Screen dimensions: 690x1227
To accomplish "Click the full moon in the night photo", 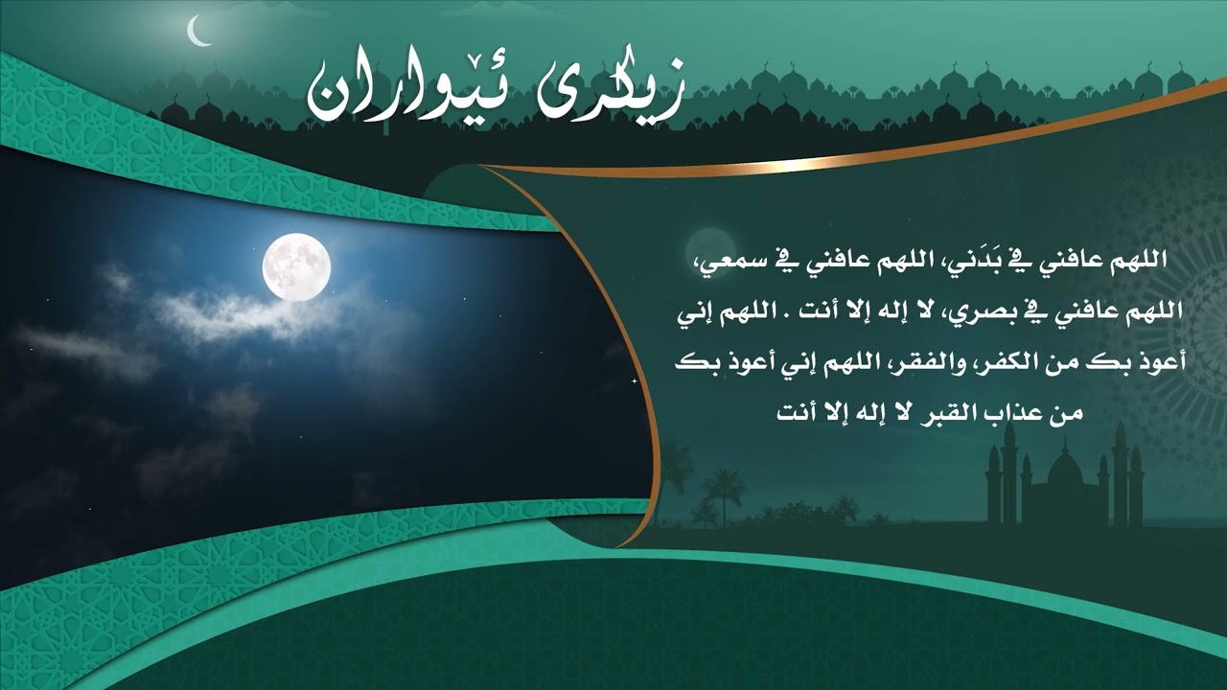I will (296, 265).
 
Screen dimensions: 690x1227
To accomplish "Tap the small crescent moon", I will (199, 32).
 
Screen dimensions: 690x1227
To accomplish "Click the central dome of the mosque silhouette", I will (1064, 468).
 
